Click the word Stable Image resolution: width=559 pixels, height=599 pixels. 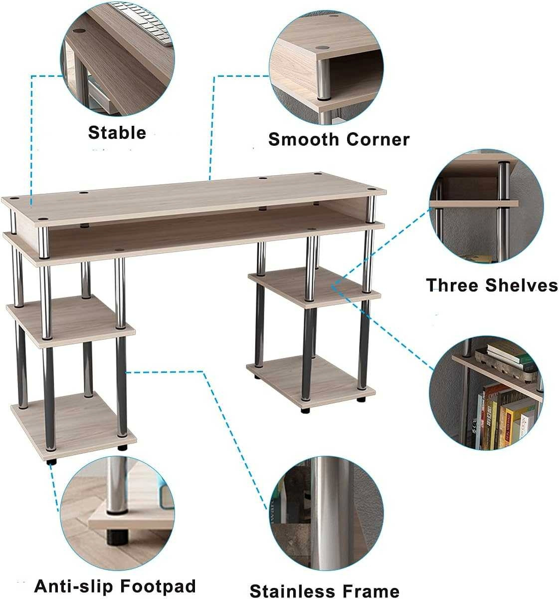click(117, 133)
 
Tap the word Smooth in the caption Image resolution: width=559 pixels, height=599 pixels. click(304, 140)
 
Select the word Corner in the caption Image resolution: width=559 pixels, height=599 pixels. click(378, 140)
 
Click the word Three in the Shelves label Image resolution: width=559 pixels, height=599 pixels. click(453, 285)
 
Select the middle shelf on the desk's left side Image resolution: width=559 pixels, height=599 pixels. click(71, 321)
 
